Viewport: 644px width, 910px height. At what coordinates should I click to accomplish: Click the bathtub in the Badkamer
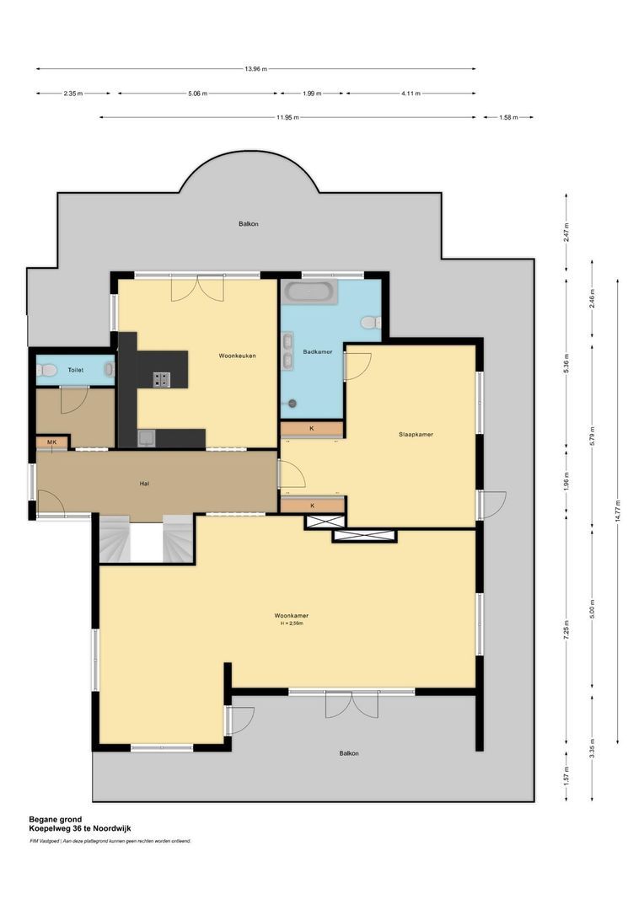[x=309, y=292]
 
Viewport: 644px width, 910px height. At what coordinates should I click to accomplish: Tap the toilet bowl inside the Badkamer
[x=369, y=322]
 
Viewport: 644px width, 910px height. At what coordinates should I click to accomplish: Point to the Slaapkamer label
[x=416, y=435]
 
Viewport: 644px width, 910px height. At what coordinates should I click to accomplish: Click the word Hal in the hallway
[x=145, y=484]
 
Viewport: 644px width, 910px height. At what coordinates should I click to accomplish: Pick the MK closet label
[x=51, y=442]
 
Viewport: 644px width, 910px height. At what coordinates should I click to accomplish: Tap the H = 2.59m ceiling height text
[x=292, y=624]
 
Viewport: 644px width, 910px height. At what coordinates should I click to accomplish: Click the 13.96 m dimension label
[x=255, y=69]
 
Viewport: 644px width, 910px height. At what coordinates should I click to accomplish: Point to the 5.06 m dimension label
[x=199, y=94]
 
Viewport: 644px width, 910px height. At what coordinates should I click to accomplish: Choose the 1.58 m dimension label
[x=508, y=118]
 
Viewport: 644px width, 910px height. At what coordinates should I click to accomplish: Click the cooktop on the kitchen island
[x=161, y=379]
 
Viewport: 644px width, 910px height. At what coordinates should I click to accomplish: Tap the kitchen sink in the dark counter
[x=146, y=436]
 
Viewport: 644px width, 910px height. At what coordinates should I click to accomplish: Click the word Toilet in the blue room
[x=76, y=370]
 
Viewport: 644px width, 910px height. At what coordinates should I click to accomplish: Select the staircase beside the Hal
[x=147, y=539]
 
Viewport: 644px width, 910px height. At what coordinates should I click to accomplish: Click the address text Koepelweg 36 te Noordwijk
[x=80, y=828]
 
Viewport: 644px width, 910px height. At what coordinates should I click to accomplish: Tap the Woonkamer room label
[x=292, y=615]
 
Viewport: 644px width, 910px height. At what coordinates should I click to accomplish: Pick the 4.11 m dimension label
[x=410, y=94]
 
